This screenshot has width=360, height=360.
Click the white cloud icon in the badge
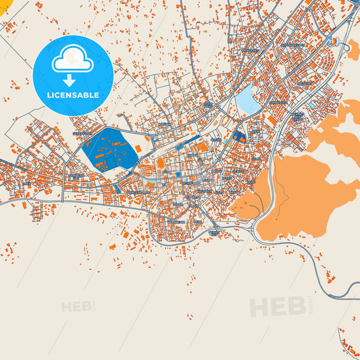tap(73, 59)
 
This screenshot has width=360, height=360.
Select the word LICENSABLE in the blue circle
tap(73, 95)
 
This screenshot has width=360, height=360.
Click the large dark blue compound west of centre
tap(109, 149)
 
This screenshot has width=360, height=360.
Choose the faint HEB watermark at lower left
tap(78, 307)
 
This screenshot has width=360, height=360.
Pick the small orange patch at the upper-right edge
tap(353, 48)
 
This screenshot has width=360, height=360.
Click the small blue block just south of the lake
tap(238, 136)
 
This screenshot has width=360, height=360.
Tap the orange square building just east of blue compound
tap(138, 147)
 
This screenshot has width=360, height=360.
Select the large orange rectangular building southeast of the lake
tap(272, 119)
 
